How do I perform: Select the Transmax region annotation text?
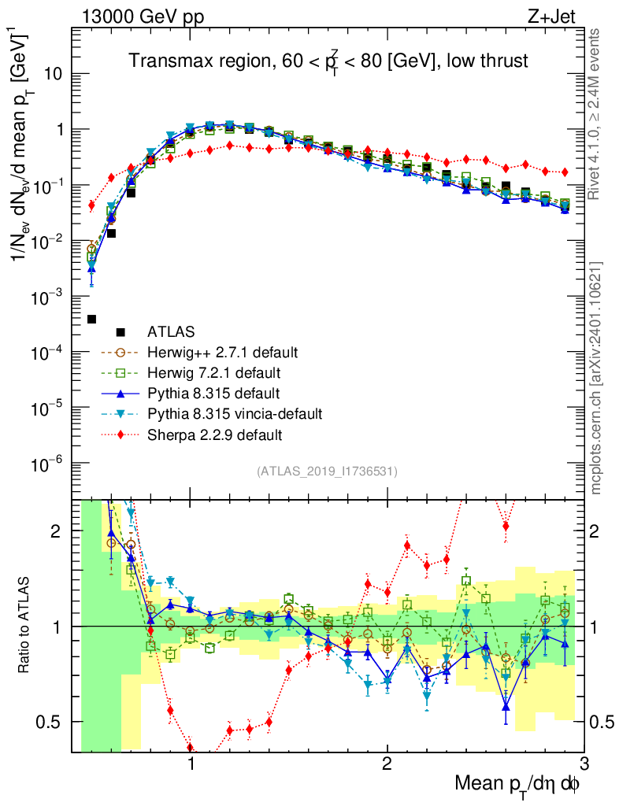328,61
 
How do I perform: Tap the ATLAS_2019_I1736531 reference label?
327,471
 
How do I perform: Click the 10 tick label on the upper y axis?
54,75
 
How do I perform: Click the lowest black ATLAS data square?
91,319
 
